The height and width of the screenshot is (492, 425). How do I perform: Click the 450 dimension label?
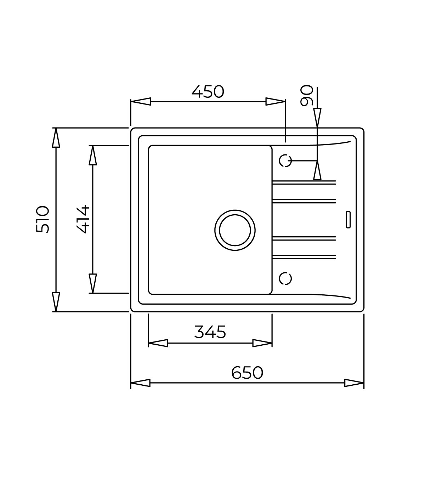pos(208,92)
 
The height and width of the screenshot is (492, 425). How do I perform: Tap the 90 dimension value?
pos(306,95)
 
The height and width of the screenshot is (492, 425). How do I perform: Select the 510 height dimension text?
pos(42,219)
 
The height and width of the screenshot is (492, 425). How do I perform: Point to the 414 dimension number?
pos(83,219)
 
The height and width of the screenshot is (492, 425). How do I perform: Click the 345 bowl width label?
pos(210,332)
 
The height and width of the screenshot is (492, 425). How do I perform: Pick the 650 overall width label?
pos(247,373)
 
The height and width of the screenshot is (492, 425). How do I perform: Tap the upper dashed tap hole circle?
pos(285,161)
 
